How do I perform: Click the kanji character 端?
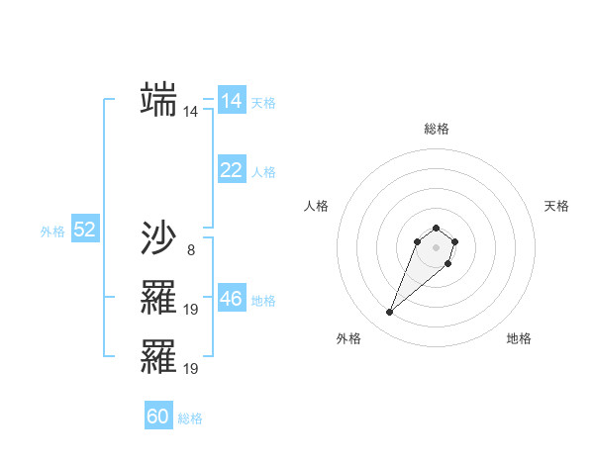[158, 99]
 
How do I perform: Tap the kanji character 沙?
[158, 237]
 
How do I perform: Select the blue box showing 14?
[232, 101]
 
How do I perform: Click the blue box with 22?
[232, 170]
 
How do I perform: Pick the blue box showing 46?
[232, 299]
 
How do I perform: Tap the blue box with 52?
[84, 231]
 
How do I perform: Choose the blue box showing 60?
[158, 417]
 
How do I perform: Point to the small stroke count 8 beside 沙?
[190, 249]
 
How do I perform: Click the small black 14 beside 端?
[190, 112]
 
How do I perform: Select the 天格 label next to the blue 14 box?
[263, 103]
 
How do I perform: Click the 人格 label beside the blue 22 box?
[263, 172]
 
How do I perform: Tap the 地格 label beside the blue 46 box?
[263, 301]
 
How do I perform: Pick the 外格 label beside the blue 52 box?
[52, 232]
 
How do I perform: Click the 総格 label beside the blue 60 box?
[190, 418]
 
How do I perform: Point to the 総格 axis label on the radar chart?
[436, 129]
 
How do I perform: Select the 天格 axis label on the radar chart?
[556, 206]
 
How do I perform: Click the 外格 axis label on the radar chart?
[348, 338]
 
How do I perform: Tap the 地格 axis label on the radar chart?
[519, 338]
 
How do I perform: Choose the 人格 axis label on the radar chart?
[316, 206]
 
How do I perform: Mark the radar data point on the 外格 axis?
[390, 313]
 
